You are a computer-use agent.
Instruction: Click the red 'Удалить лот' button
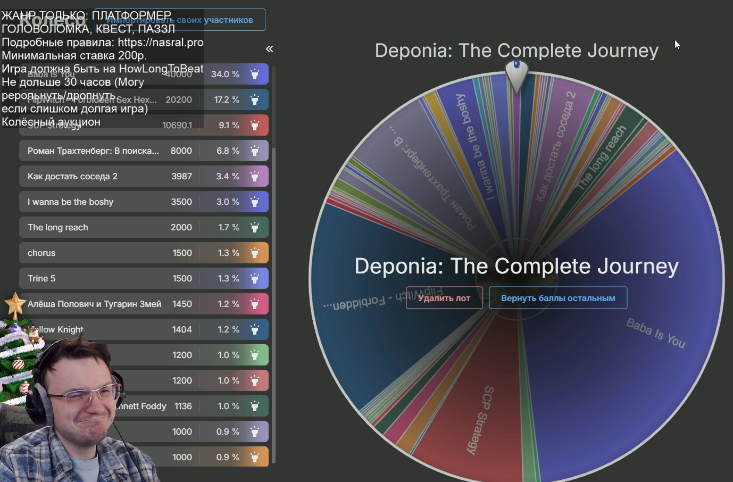point(444,298)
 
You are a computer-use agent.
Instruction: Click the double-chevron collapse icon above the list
point(270,49)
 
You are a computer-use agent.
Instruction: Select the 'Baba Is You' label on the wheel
point(655,333)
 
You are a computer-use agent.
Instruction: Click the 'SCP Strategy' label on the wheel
point(482,420)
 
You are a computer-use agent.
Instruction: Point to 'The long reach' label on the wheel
point(602,158)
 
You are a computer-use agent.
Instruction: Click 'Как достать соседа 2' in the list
point(72,176)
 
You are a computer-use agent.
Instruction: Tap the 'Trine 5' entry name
point(41,278)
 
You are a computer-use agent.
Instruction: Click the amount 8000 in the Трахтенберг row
point(181,151)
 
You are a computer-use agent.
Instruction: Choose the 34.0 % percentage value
point(225,74)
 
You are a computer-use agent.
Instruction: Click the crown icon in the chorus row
point(255,253)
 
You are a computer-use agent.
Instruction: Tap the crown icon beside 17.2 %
point(255,99)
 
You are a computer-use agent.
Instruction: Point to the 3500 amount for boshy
point(181,202)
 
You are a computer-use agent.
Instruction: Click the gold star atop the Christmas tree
point(15,305)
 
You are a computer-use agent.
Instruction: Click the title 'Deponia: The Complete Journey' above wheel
point(517,51)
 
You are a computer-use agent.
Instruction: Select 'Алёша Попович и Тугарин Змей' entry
point(94,304)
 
